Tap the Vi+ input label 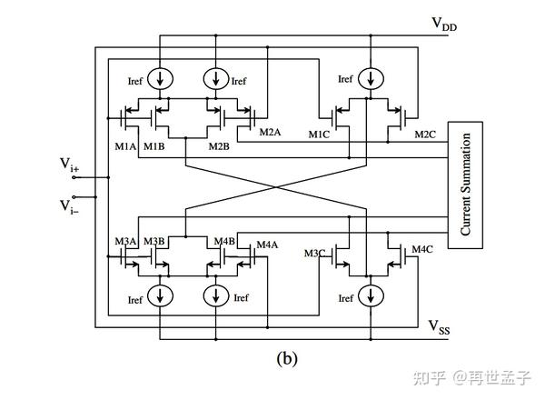point(69,165)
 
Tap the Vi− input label point(69,206)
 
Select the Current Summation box point(465,185)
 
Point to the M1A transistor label point(124,146)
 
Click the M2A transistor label point(270,133)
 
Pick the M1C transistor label point(318,135)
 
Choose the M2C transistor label point(426,135)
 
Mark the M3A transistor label point(125,242)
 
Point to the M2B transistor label point(218,146)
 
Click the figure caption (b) point(286,357)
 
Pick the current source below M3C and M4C point(370,296)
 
